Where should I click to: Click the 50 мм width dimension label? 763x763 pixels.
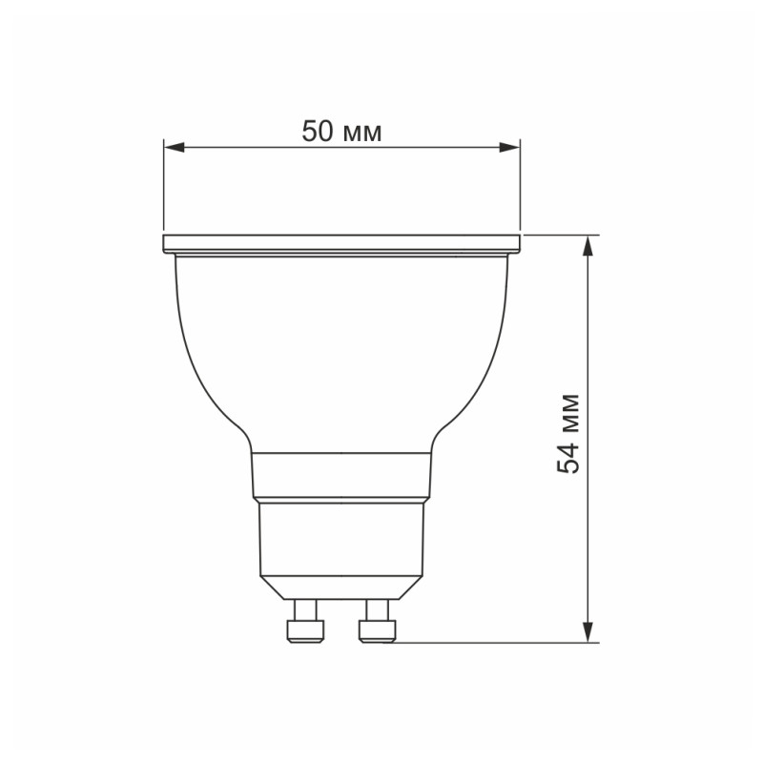pyautogui.click(x=341, y=132)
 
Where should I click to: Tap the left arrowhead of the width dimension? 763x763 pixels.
pyautogui.click(x=173, y=147)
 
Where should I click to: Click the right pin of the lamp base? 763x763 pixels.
pyautogui.click(x=376, y=623)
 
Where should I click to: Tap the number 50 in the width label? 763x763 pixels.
pyautogui.click(x=319, y=132)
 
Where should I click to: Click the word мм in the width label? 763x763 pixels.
pyautogui.click(x=361, y=133)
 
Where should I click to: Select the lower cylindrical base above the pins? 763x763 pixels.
pyautogui.click(x=341, y=539)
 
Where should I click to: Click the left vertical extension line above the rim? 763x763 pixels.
pyautogui.click(x=163, y=191)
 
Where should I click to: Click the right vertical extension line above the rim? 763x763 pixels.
pyautogui.click(x=521, y=191)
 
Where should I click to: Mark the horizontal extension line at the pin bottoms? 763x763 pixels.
pyautogui.click(x=496, y=643)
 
